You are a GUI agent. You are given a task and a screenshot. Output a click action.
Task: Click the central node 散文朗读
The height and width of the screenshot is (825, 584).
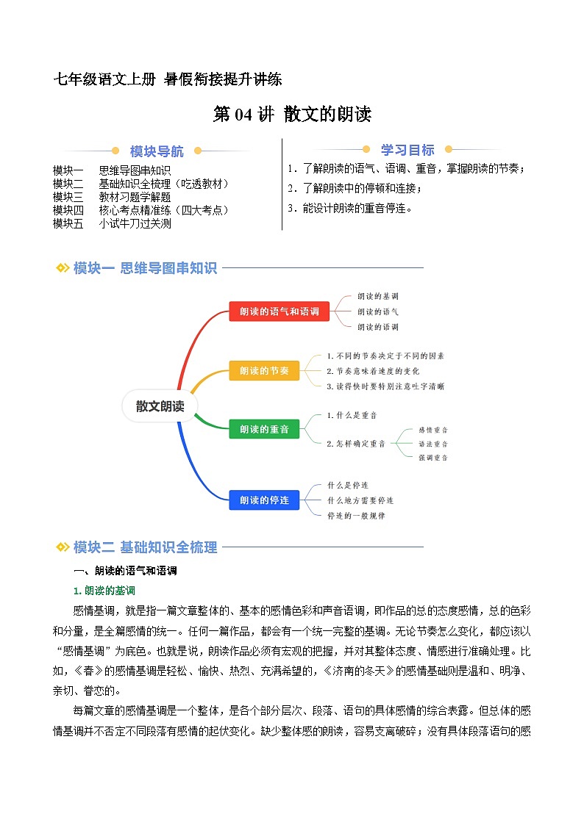tap(160, 406)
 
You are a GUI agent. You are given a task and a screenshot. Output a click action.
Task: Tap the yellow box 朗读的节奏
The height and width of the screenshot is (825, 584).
tap(264, 371)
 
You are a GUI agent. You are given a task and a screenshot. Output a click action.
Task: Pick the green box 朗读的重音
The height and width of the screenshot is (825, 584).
tap(264, 429)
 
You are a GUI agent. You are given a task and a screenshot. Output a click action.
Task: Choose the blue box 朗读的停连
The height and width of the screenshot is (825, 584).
tap(264, 500)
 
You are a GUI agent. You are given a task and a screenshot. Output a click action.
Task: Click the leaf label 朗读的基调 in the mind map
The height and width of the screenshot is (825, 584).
tap(377, 296)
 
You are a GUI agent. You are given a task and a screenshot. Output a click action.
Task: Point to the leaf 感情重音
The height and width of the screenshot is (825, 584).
tap(433, 430)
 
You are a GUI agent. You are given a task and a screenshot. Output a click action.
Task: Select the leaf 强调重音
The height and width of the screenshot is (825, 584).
tap(433, 458)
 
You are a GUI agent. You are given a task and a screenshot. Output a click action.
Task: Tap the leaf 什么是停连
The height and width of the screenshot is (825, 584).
tap(348, 486)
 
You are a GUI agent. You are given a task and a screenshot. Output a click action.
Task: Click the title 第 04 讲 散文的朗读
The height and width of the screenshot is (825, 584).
tap(292, 115)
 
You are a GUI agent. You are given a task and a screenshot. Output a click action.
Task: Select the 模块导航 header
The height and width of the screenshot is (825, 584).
tap(157, 152)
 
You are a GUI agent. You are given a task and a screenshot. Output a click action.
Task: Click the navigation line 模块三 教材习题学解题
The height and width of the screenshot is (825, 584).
tap(112, 197)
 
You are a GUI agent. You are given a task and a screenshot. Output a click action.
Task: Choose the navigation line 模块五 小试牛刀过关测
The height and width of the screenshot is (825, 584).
tap(112, 223)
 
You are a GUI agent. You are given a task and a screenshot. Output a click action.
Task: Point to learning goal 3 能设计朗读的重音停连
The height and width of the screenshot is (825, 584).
tap(350, 208)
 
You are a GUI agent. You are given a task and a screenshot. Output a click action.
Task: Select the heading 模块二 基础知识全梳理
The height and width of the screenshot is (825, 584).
tap(144, 547)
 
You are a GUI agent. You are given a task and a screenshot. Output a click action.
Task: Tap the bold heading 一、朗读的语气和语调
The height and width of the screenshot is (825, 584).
tap(125, 571)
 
